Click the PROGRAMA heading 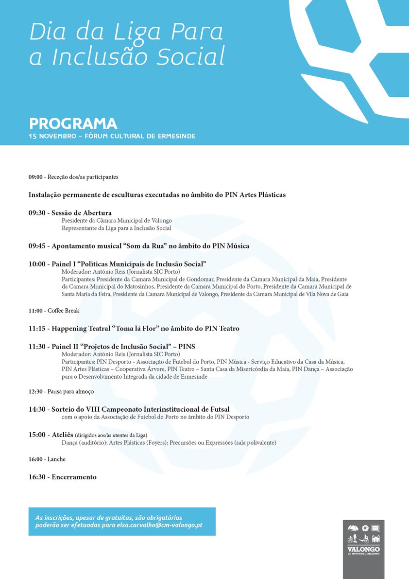[x=73, y=123]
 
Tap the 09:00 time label [x=36, y=177]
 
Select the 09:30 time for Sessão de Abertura [x=37, y=213]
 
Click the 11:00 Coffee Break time [x=36, y=311]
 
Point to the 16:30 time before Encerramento [x=37, y=477]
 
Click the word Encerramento [x=74, y=477]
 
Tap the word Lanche [x=56, y=459]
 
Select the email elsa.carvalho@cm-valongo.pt [x=159, y=526]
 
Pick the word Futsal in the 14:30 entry [x=218, y=409]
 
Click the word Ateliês [x=62, y=435]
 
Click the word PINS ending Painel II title [x=187, y=347]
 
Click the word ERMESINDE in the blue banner [x=176, y=136]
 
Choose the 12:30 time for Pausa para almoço [x=36, y=391]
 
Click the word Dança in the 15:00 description [x=69, y=442]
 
